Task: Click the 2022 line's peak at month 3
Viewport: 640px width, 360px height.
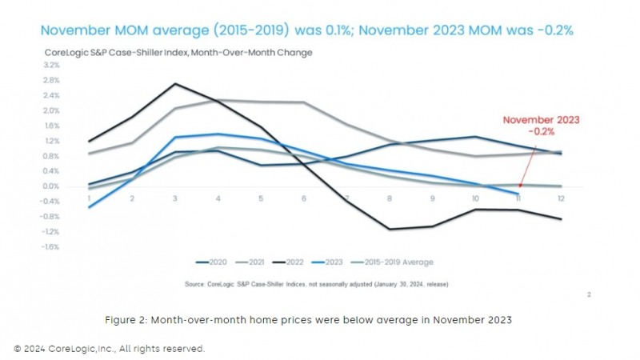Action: click(175, 83)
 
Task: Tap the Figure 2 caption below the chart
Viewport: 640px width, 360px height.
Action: click(308, 319)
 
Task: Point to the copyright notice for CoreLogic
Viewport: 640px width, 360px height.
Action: click(110, 349)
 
